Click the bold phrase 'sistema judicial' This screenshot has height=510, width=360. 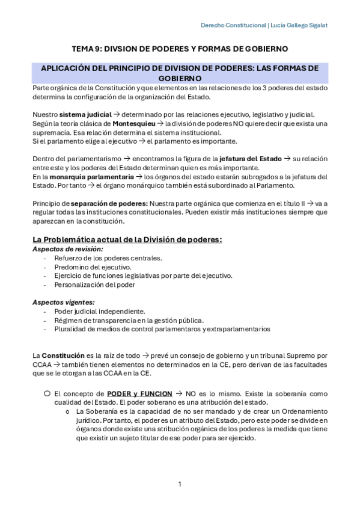pyautogui.click(x=82, y=114)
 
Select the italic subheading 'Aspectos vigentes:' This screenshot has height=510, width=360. pyautogui.click(x=63, y=302)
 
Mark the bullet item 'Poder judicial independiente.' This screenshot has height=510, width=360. pyautogui.click(x=100, y=311)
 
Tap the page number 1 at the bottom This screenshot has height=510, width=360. pyautogui.click(x=180, y=484)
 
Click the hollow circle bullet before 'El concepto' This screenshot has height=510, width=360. pyautogui.click(x=46, y=392)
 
